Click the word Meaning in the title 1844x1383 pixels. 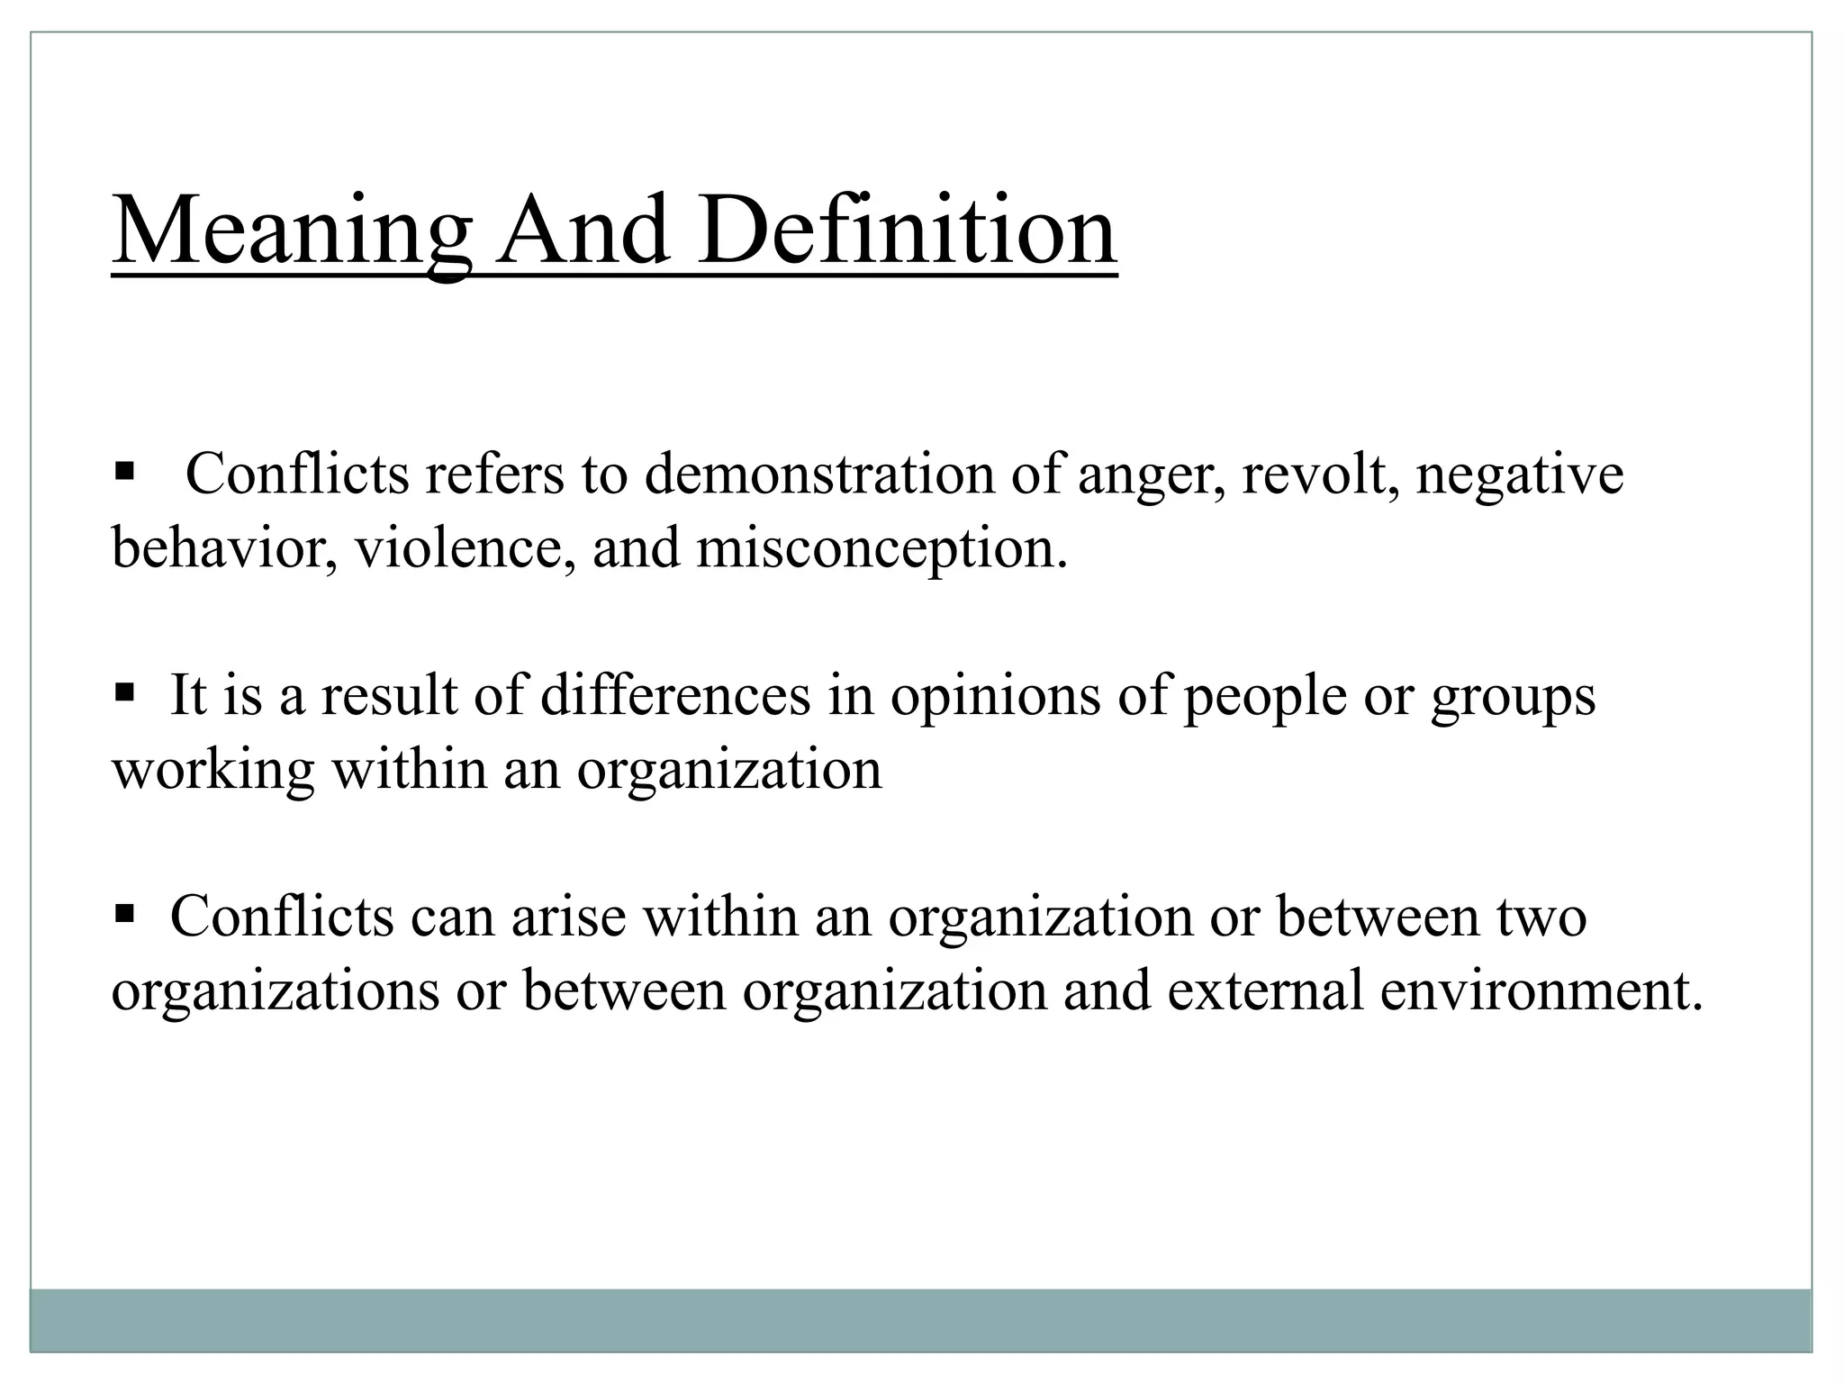tap(291, 231)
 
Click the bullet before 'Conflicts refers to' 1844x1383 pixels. tap(124, 470)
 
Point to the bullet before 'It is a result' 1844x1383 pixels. tap(124, 692)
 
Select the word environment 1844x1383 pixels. tap(1541, 990)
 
